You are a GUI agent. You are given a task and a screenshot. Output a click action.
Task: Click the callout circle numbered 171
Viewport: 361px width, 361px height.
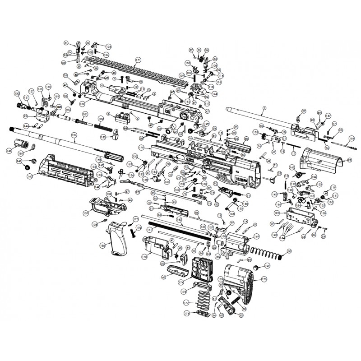(x=138, y=60)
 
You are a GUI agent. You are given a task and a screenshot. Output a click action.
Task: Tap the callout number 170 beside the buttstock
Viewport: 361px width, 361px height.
(x=264, y=280)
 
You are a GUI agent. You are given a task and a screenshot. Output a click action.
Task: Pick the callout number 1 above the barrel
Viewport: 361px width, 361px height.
(x=264, y=108)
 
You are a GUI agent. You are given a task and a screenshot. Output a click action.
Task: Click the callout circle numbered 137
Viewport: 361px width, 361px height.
(x=86, y=213)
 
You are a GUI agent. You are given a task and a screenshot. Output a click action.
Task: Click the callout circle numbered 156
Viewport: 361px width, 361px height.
(x=352, y=138)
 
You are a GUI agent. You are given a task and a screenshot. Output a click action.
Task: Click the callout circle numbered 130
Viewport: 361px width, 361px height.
(x=17, y=93)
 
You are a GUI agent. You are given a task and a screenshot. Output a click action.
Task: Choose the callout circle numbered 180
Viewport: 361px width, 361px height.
(x=83, y=103)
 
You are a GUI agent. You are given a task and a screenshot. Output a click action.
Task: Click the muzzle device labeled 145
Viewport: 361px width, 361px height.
(x=20, y=145)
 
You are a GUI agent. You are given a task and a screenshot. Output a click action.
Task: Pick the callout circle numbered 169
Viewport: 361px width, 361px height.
(x=257, y=236)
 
